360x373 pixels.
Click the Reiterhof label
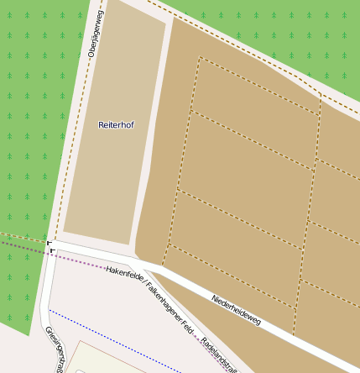coord(116,124)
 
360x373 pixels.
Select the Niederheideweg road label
coord(237,310)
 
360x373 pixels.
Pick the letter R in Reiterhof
coord(101,124)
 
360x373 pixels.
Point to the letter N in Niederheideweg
coord(215,298)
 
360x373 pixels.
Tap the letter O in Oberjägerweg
coord(91,54)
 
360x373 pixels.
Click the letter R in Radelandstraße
coord(205,344)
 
